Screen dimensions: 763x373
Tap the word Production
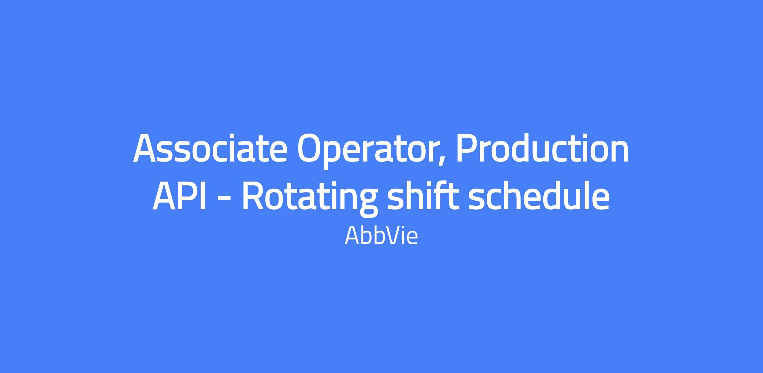(x=542, y=148)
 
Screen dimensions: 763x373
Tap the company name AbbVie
(x=381, y=236)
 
